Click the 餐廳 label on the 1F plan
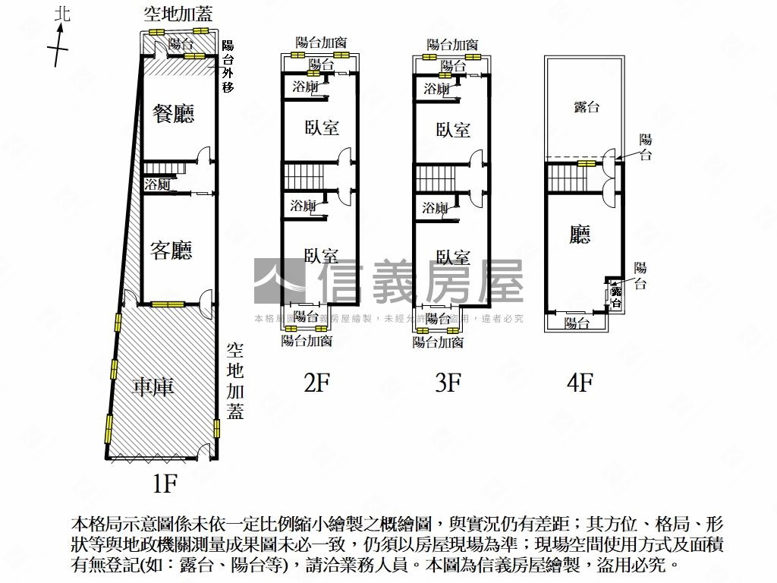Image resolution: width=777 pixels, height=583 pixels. (174, 114)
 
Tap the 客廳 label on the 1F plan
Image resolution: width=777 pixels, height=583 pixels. (171, 251)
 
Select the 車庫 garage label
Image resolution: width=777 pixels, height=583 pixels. (153, 387)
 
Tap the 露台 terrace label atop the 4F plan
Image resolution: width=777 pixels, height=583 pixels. (586, 107)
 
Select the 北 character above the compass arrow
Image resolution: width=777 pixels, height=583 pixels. (62, 14)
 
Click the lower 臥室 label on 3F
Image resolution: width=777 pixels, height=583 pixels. (453, 258)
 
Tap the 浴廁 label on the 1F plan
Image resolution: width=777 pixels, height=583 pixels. (157, 184)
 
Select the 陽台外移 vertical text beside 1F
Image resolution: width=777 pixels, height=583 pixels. (228, 66)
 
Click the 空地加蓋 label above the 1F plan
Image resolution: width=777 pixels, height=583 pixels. (179, 14)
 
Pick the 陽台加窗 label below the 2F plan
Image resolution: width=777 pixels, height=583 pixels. (307, 342)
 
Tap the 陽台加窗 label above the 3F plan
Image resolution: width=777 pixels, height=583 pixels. (452, 45)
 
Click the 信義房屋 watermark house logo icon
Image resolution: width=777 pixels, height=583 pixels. (281, 281)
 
